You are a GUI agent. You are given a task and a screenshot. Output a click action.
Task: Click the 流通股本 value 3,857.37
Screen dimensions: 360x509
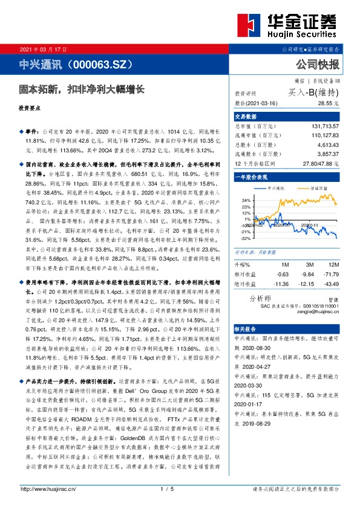click(326, 154)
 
